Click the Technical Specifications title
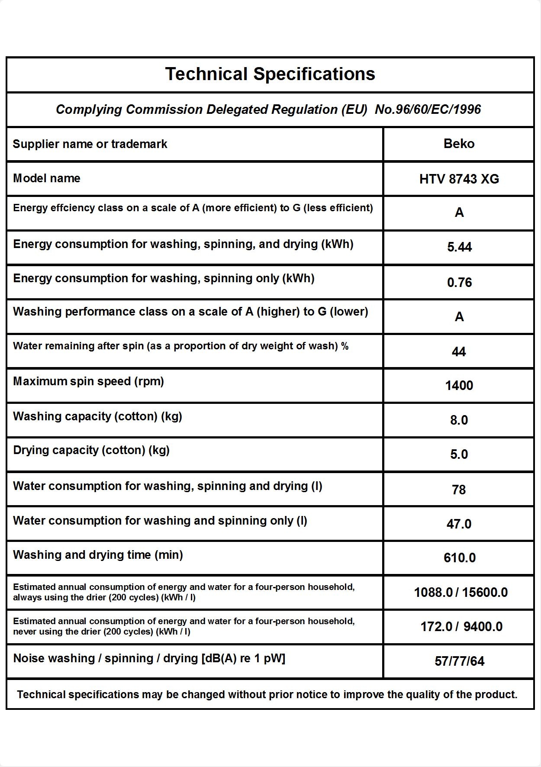pos(270,74)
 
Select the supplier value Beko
pos(459,144)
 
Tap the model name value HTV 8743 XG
pos(459,179)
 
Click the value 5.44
pos(459,247)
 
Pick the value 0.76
pos(459,282)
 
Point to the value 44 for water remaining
pos(459,351)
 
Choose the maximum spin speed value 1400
pos(459,385)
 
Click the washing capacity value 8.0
pos(459,420)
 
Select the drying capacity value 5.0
pos(459,454)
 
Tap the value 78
pos(459,490)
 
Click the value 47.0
pos(459,524)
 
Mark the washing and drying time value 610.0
pos(459,558)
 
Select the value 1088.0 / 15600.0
pos(460,592)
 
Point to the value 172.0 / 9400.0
pos(461,626)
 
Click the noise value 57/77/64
pos(459,661)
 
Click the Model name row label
pos(47,178)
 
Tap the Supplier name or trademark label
pos(90,144)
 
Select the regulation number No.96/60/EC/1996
pos(428,110)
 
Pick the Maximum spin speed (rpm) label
pos(88,381)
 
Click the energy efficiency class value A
pos(459,213)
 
